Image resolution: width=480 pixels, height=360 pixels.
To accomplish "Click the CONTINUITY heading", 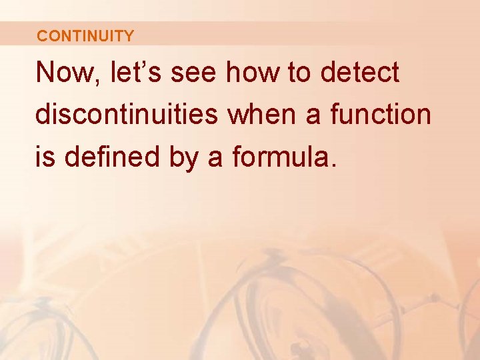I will (x=85, y=36).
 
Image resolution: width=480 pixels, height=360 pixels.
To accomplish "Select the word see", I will (x=193, y=73).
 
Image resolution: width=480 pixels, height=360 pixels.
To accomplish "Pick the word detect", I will (x=360, y=73).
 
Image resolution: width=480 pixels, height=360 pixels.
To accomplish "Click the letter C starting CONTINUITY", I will (x=42, y=36).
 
